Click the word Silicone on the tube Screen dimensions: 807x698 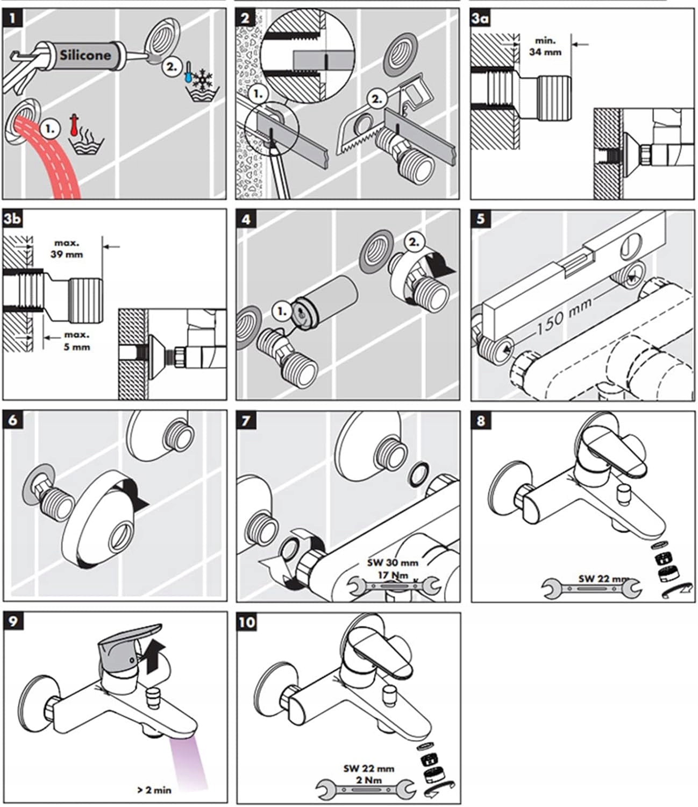85,55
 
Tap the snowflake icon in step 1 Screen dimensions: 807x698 203,79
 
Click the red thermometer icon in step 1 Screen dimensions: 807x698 74,124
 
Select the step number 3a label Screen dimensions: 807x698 480,19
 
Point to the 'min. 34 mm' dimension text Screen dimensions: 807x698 545,46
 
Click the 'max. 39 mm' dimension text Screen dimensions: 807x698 66,249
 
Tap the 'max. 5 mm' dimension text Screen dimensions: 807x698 76,341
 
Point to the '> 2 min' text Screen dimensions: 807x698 154,790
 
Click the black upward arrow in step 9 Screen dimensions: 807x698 153,655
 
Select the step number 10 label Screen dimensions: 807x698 247,622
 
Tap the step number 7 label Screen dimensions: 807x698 246,421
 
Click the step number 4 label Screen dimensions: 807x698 246,220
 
